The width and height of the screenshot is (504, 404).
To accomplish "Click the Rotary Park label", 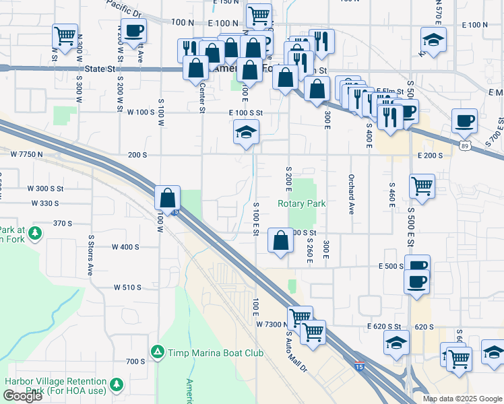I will point(302,203).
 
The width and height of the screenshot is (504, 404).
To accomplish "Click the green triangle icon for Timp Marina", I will point(157,351).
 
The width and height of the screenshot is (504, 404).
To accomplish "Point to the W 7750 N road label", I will point(27,154).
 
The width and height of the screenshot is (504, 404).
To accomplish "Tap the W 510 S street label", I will point(127,288).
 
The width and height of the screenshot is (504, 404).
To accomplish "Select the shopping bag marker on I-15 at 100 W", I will point(167,198).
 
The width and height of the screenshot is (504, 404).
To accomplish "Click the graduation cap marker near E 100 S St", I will point(246,132).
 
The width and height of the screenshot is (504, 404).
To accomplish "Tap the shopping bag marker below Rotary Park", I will point(280,240).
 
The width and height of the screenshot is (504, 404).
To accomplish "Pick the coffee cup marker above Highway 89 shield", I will point(464,121).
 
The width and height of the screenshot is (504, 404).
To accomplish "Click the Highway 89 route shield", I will point(464,145).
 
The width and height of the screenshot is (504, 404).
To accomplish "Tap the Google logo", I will point(22,396).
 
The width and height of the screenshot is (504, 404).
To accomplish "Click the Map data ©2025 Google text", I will point(462,399).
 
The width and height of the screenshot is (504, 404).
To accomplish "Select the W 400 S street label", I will point(127,247).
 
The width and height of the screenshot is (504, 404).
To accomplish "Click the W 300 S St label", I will point(46,189).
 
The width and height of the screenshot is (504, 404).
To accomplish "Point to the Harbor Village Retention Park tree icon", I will point(118,384).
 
